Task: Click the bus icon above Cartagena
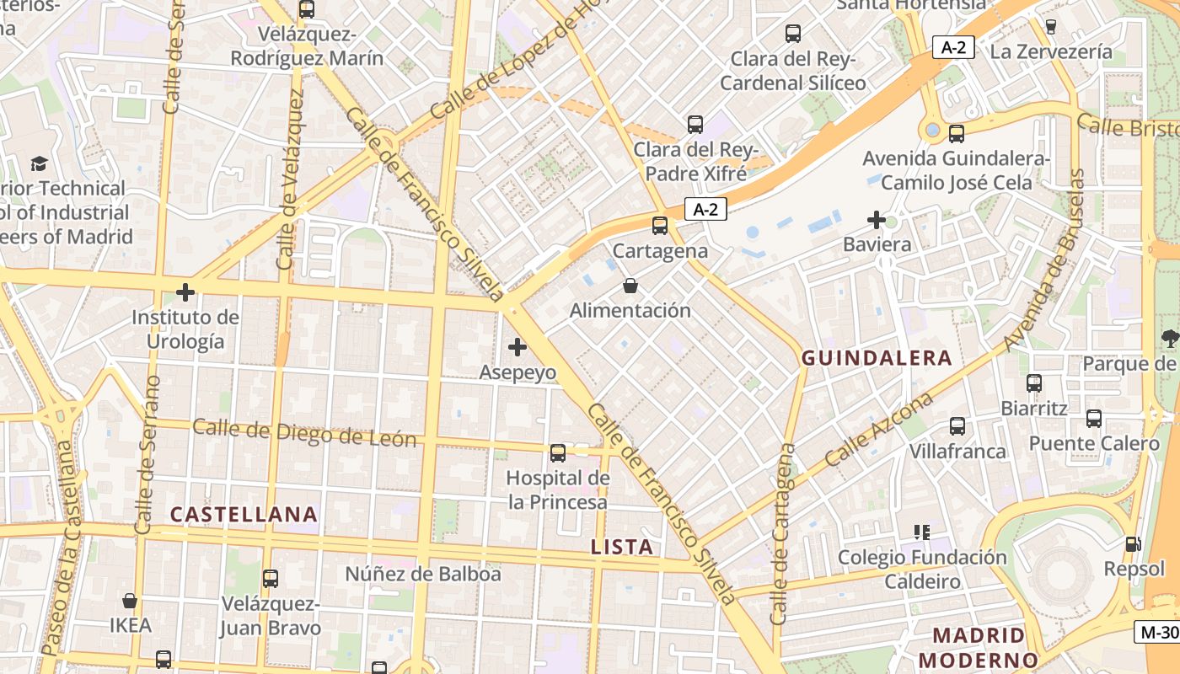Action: point(660,226)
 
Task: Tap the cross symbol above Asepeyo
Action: point(518,346)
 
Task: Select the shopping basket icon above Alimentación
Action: point(630,286)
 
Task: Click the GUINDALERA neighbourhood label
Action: point(877,358)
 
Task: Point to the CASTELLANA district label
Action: point(244,514)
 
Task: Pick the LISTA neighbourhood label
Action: point(622,547)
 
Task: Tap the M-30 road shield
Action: point(1158,632)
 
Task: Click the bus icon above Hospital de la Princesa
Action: point(558,453)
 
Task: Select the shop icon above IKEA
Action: point(130,601)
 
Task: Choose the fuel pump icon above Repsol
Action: point(1134,544)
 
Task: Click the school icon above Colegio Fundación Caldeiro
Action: point(921,532)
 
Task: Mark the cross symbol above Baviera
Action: point(877,221)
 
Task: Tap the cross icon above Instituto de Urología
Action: point(185,293)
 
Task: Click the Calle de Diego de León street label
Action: point(304,432)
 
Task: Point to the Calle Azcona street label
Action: point(879,429)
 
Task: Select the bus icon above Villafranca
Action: point(957,426)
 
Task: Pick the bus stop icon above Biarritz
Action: point(1034,383)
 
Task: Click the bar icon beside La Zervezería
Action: point(1050,27)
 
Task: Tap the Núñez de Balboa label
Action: point(423,575)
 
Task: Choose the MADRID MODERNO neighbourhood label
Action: point(979,647)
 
